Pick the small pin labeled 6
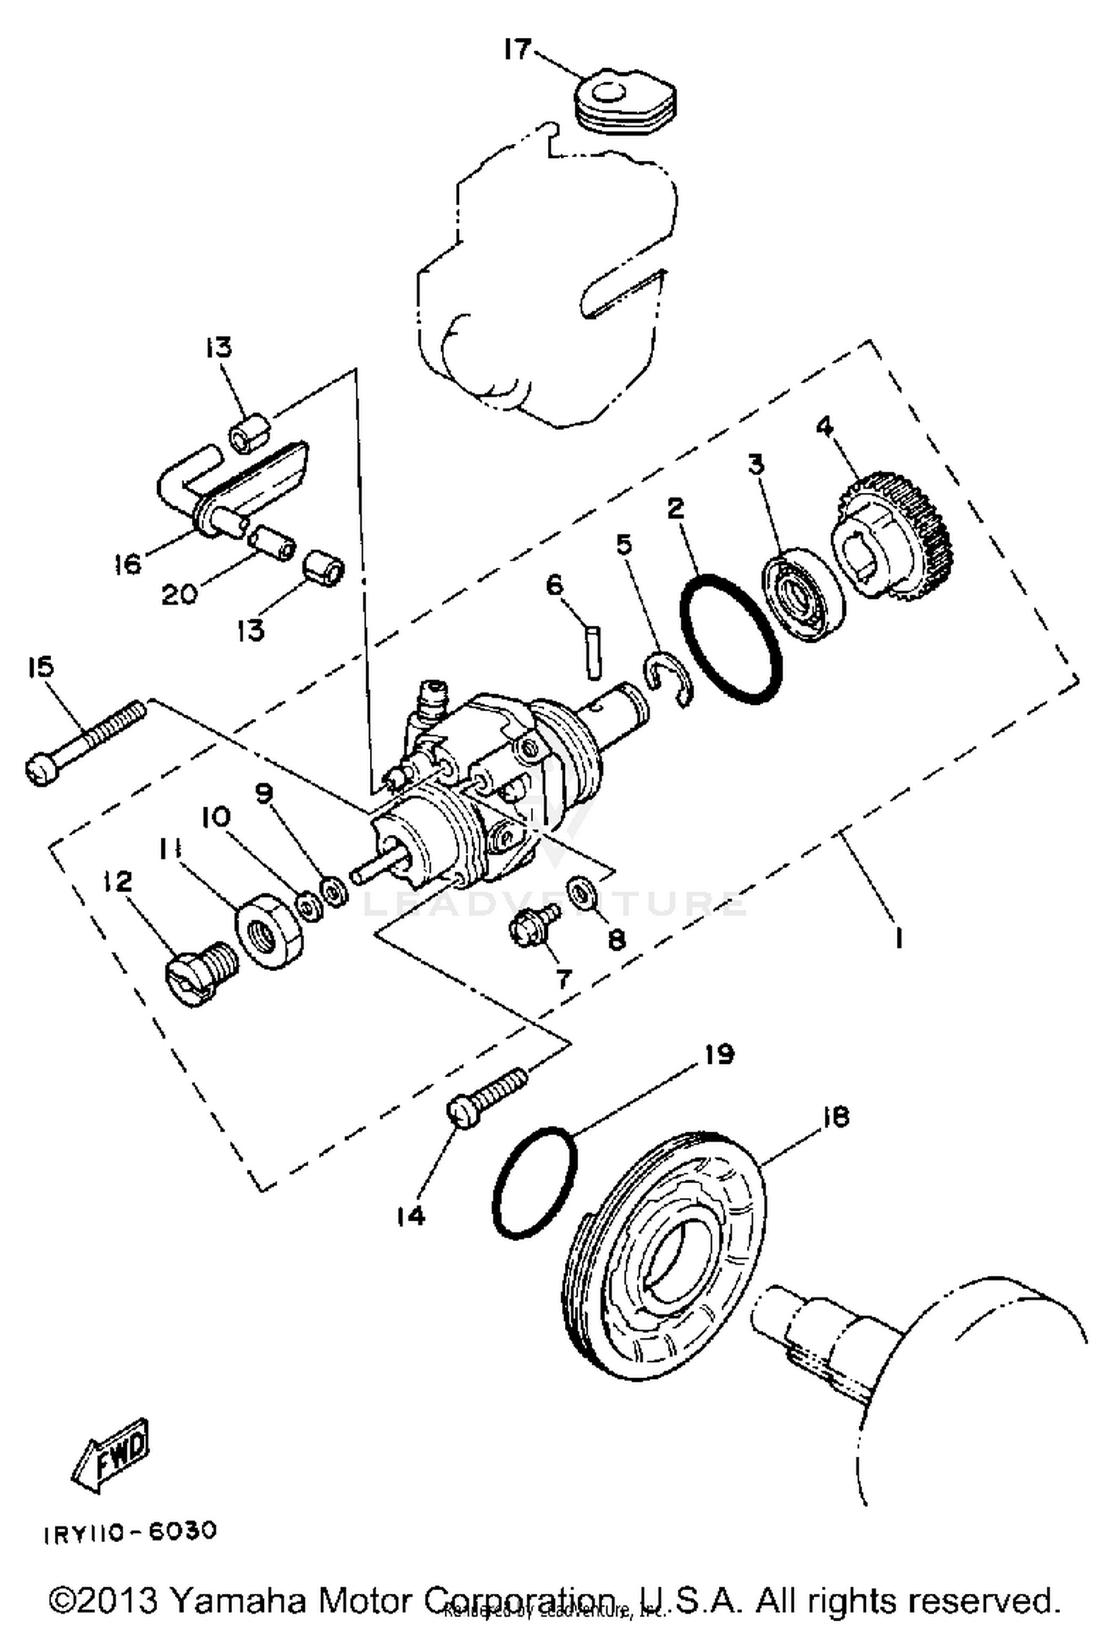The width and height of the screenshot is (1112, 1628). [594, 652]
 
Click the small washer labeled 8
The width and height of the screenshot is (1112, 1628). [580, 890]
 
